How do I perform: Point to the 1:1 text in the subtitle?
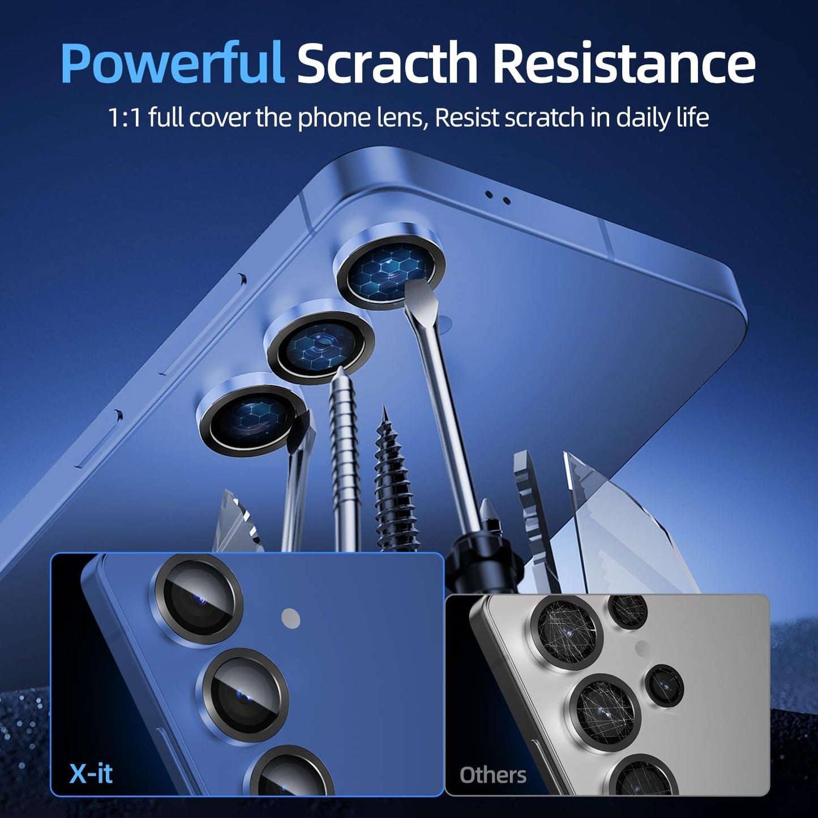(x=125, y=118)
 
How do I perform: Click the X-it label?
(x=91, y=773)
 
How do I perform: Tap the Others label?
(x=492, y=775)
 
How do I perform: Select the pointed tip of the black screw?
(x=384, y=409)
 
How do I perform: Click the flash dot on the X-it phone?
(x=291, y=618)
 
